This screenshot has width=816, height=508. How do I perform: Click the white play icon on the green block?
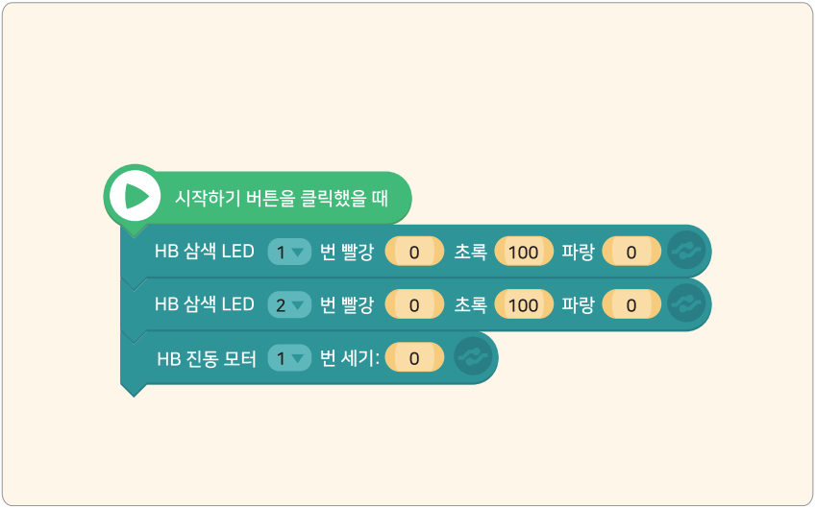tap(135, 196)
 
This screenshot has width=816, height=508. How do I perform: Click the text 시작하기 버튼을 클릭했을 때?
tap(281, 198)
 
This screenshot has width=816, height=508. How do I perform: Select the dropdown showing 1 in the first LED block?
tap(289, 252)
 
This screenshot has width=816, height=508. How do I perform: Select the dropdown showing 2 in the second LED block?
tap(289, 304)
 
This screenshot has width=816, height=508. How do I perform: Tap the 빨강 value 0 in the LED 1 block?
tap(414, 252)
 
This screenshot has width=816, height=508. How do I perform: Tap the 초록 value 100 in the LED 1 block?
tap(524, 252)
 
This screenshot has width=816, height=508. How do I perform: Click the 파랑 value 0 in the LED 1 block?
tap(631, 252)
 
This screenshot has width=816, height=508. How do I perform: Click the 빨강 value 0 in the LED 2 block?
tap(414, 304)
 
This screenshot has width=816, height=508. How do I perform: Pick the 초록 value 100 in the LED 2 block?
tap(524, 304)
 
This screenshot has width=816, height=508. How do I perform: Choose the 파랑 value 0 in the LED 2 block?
tap(631, 304)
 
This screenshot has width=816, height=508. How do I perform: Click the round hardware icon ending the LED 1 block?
tap(686, 251)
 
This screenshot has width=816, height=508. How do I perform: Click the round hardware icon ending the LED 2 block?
tap(686, 303)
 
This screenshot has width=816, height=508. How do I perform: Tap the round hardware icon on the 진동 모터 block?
tap(473, 357)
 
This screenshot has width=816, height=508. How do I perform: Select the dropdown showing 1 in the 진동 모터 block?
tap(289, 358)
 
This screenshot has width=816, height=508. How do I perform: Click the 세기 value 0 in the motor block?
tap(414, 358)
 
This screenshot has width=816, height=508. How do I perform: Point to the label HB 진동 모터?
tap(207, 359)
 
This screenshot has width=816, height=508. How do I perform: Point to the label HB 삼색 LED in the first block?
tap(205, 252)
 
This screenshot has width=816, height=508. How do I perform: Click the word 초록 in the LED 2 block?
tap(470, 304)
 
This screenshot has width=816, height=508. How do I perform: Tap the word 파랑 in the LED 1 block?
tap(578, 252)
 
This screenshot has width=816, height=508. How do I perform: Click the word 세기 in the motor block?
tap(361, 358)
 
